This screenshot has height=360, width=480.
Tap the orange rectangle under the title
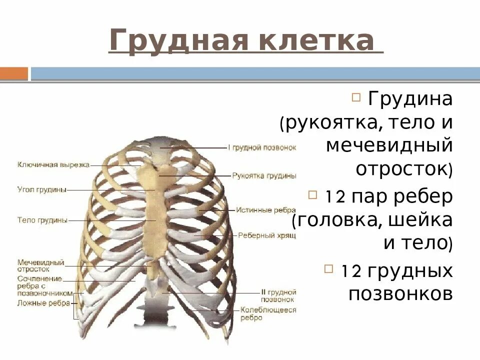13,74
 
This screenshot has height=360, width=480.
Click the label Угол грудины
42,189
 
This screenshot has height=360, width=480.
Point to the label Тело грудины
42,220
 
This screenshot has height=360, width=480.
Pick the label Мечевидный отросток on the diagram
40,265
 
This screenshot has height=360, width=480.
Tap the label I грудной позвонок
262,148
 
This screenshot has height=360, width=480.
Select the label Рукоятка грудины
264,176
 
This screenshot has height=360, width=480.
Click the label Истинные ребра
265,210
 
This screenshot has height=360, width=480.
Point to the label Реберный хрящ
266,235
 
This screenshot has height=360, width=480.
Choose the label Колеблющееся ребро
268,313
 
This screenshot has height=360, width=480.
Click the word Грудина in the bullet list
410,98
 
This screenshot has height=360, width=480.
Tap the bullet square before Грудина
356,96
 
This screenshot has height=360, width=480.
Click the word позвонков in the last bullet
400,294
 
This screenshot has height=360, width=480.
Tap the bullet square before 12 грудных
328,269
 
